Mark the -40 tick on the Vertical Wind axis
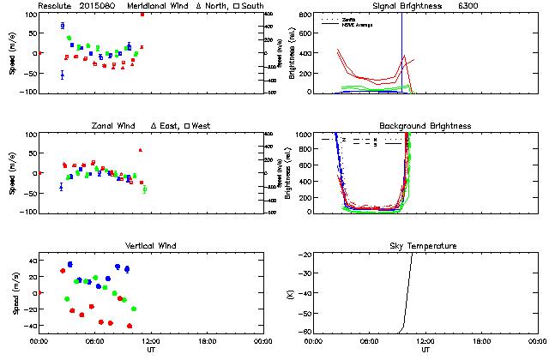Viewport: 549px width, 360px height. coord(28,326)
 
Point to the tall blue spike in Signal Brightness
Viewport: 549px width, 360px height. coord(402,43)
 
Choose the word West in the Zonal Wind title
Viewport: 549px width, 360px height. coord(202,126)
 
